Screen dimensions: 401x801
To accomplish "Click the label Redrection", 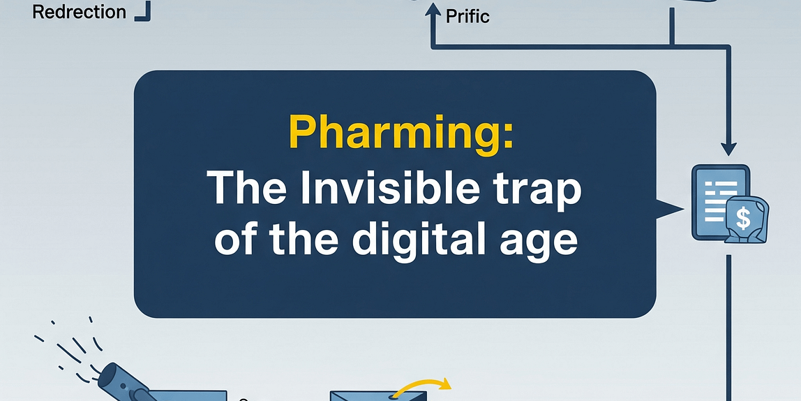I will (80, 12).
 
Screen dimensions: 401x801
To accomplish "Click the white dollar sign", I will (743, 219).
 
